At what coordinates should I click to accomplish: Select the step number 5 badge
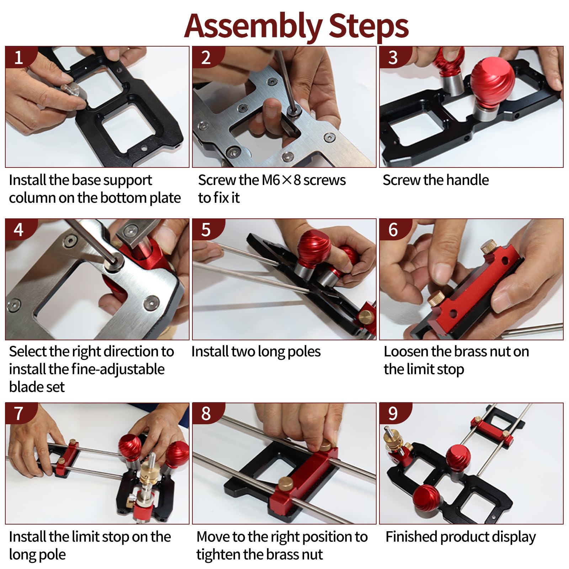click(x=207, y=229)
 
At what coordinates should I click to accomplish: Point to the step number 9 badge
click(x=394, y=413)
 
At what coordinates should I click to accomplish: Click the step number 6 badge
click(x=394, y=229)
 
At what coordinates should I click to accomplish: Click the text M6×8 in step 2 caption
click(x=281, y=180)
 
